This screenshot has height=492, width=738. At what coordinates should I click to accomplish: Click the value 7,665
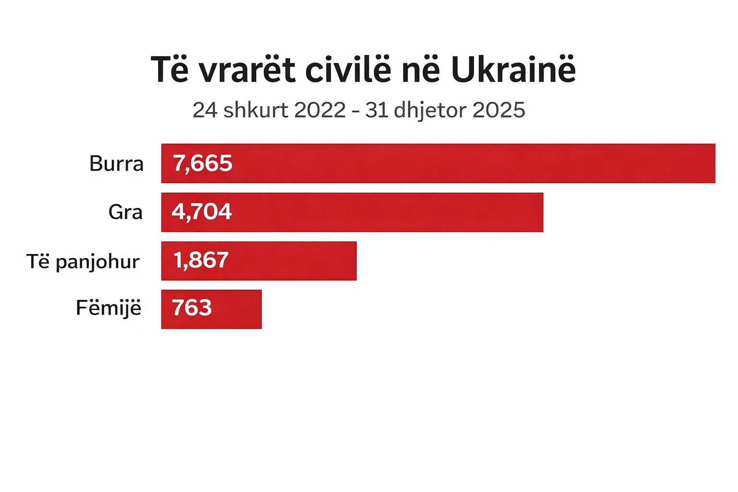coord(203,163)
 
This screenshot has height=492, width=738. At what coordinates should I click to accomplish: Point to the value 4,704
coord(202,212)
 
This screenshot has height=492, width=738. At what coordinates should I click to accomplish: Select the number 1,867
coord(201,260)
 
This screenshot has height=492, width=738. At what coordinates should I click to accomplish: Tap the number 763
coord(192,308)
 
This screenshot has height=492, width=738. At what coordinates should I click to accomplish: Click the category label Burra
coord(116,164)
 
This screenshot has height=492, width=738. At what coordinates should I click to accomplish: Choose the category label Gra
coord(125,212)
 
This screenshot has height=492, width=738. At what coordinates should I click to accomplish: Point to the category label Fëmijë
coord(109,308)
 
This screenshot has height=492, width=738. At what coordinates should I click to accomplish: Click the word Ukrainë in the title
coord(513,70)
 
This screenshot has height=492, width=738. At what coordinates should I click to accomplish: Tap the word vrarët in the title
coord(246,70)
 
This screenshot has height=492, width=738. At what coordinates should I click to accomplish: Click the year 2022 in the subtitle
coord(320,110)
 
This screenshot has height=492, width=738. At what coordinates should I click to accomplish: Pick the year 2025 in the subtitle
coord(499,110)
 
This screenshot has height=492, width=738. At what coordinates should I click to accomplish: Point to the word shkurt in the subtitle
coord(256,110)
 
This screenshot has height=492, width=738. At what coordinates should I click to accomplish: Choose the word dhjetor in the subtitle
coord(430,111)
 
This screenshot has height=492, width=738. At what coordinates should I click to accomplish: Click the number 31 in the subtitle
coord(376,110)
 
